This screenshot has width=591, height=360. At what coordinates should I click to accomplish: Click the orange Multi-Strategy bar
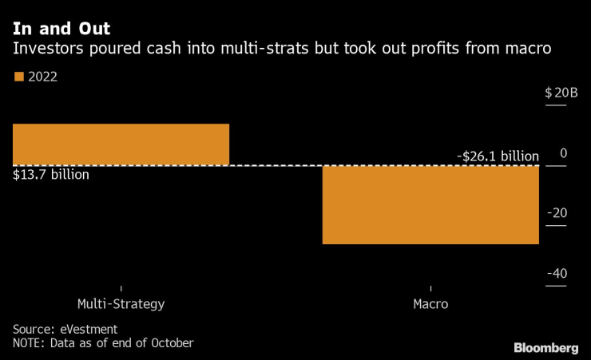pos(121,144)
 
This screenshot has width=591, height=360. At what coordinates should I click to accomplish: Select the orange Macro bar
pos(430,204)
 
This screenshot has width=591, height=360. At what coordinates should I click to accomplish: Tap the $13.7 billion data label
pos(51,174)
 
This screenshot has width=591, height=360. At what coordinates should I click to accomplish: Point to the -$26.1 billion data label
pos(498,156)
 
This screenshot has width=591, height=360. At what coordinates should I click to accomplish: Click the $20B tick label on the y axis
pos(561,93)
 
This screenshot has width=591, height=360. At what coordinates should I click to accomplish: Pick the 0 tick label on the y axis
pos(563,152)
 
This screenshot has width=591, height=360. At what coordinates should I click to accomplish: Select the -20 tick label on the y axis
pos(557,213)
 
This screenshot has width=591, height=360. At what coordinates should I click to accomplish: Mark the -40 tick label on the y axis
pos(557,274)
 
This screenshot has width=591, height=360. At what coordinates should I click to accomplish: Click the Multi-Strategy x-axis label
pos(121,304)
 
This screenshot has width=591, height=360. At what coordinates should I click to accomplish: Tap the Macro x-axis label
pos(430,304)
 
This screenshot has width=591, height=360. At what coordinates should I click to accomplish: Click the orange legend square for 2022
pos(18,77)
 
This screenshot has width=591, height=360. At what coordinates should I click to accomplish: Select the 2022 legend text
pos(42,77)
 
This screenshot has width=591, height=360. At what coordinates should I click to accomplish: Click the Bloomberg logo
pos(545,347)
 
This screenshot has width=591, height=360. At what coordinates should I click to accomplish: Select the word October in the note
pos(169,343)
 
